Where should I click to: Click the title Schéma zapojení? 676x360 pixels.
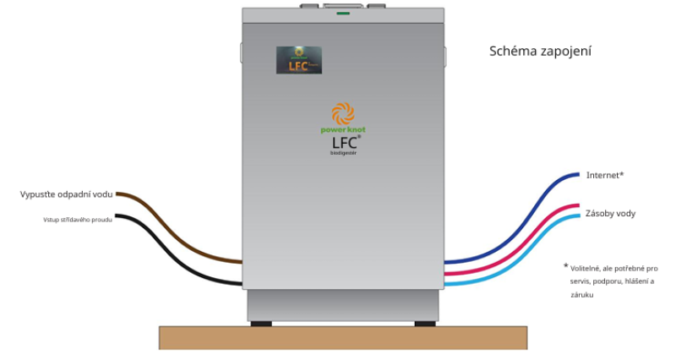[x=540, y=52]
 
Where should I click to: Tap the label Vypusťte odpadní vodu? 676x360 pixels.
[x=66, y=194]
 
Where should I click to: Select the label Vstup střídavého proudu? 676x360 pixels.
[x=78, y=220]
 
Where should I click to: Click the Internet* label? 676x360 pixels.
[x=604, y=175]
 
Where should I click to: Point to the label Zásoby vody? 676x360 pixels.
[x=610, y=214]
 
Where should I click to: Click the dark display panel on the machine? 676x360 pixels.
[x=299, y=59]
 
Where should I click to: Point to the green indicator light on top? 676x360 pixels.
[x=343, y=14]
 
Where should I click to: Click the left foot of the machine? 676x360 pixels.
[x=261, y=323]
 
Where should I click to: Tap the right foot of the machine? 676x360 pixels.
[x=425, y=323]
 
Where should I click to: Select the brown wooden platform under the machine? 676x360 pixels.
[x=342, y=337]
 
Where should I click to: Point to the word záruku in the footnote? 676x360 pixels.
[x=582, y=295]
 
